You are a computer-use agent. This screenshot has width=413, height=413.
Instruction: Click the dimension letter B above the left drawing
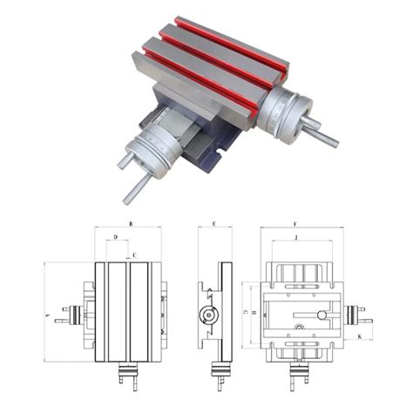coord(130,224)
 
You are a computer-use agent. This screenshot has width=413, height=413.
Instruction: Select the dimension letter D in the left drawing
coord(116,237)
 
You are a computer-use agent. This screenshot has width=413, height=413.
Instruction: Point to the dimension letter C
coord(133,255)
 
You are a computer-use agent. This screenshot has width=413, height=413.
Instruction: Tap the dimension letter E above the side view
coord(213,224)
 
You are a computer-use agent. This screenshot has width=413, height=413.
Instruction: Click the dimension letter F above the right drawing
coord(295,224)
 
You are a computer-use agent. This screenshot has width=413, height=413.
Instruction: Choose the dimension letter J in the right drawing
coord(296,237)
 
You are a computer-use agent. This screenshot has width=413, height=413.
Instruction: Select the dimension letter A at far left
coord(45,314)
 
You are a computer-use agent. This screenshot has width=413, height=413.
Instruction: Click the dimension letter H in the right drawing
coord(253,312)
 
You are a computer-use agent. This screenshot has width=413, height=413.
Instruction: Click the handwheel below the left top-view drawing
coord(127,377)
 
